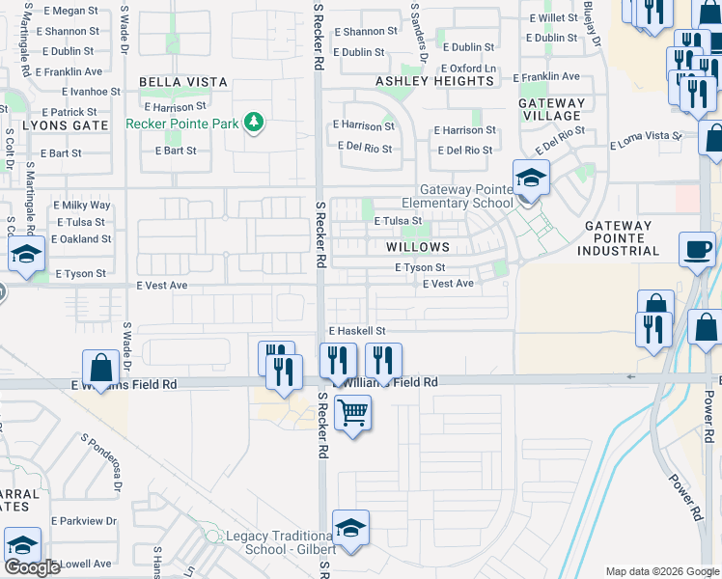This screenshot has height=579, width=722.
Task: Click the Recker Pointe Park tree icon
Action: [x=254, y=123]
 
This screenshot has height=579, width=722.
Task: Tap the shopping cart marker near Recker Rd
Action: [x=353, y=413]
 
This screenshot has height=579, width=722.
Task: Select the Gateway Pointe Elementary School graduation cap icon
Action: [x=530, y=179]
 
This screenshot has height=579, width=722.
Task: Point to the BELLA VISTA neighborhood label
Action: [x=182, y=83]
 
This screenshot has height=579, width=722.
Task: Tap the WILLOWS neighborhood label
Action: [x=418, y=247]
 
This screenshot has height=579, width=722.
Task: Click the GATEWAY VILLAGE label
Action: [x=551, y=109]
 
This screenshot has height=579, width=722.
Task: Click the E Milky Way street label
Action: [x=82, y=206]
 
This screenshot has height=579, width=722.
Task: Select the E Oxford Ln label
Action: [x=469, y=69]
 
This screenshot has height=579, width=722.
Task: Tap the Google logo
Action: [x=32, y=567]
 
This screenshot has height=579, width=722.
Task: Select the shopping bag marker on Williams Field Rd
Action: [x=101, y=368]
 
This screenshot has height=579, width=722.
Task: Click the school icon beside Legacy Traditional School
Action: [x=349, y=529]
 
